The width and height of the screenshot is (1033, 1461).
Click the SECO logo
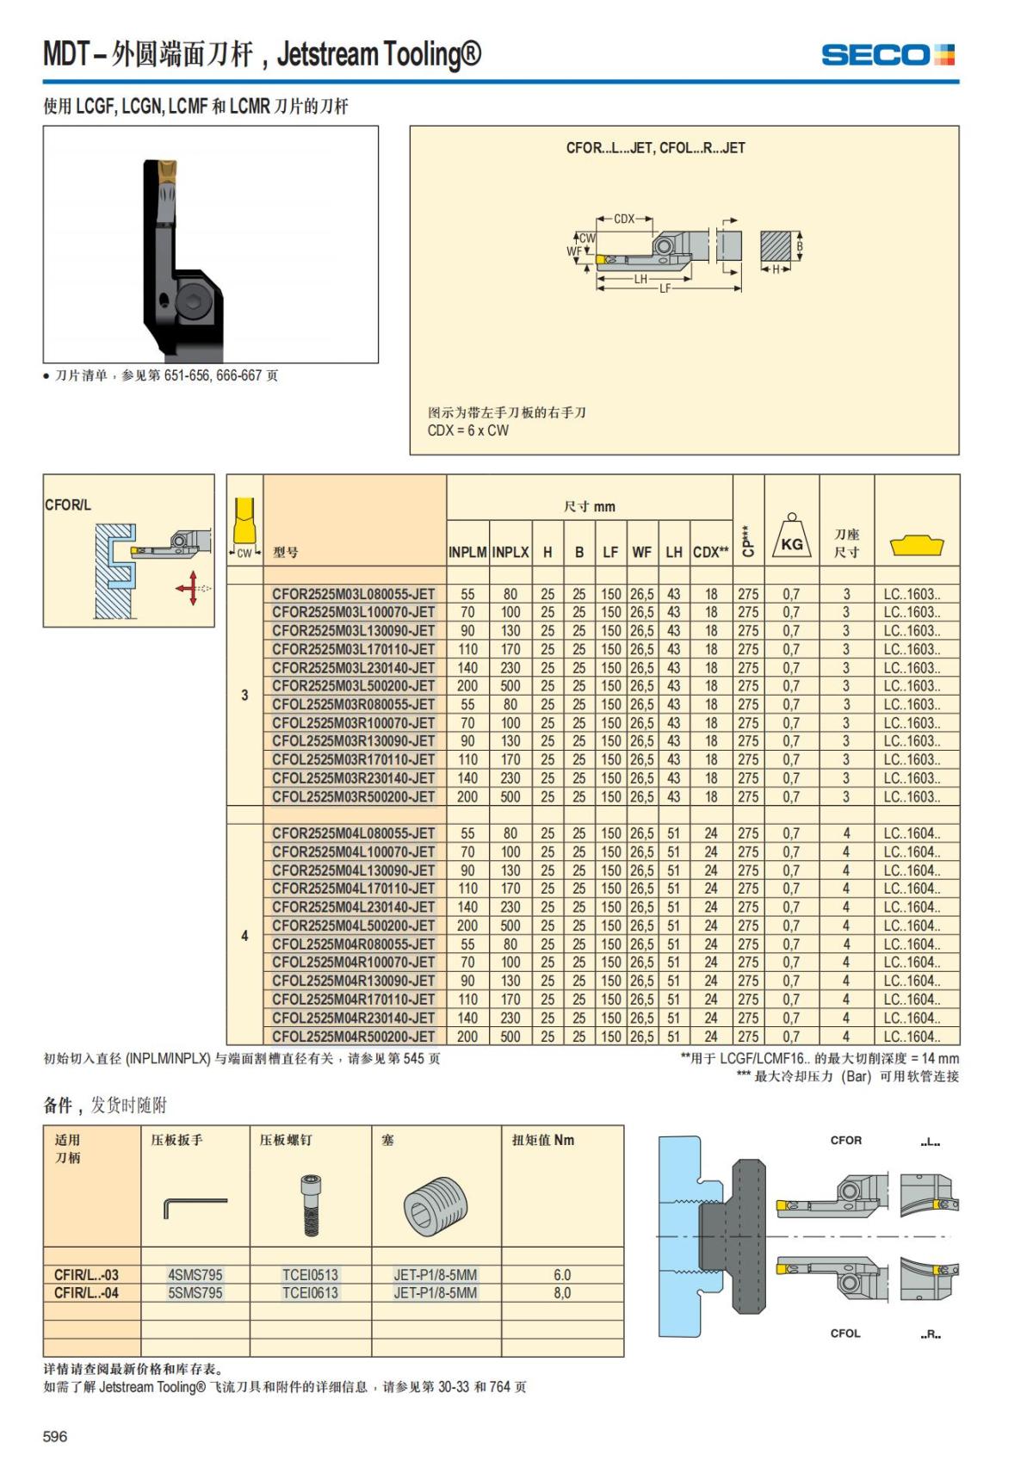[888, 55]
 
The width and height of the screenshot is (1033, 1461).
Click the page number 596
[55, 1436]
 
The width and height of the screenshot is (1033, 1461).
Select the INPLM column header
[467, 553]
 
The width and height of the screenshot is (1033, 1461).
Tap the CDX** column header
[711, 553]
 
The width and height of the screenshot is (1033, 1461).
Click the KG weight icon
[791, 539]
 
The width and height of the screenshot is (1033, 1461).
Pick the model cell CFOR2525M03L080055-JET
[354, 594]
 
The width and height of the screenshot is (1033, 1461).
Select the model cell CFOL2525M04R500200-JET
[354, 1037]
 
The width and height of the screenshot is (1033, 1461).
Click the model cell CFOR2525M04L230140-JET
[354, 907]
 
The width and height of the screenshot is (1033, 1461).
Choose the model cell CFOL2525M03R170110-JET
[354, 760]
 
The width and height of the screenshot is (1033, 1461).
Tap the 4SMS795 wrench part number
[195, 1275]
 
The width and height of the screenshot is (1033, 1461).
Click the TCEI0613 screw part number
[310, 1293]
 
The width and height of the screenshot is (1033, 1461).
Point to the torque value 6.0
[562, 1275]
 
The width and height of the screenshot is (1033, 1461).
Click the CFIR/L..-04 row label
[87, 1293]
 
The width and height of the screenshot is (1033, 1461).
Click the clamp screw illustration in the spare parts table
[310, 1204]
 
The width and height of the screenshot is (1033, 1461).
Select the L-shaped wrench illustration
[195, 1206]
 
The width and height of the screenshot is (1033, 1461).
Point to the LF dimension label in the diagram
[665, 289]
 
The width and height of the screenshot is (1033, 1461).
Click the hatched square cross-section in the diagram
[776, 247]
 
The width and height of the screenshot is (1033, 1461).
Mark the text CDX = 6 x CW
[468, 430]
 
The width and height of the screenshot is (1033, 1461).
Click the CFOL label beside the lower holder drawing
[845, 1334]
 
